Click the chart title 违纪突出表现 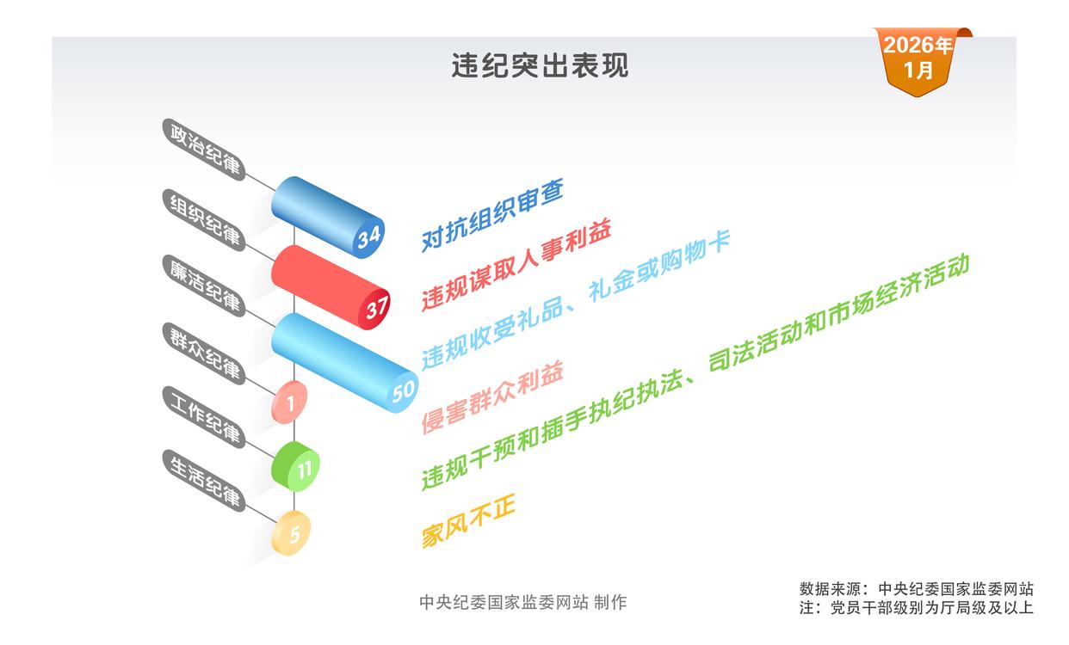point(540,65)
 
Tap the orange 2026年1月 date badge point(920,61)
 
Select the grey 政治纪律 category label point(204,150)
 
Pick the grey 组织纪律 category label point(204,220)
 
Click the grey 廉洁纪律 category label point(204,286)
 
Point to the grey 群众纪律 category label point(204,353)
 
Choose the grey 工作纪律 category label point(204,417)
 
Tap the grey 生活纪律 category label point(204,481)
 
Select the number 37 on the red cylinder point(377,308)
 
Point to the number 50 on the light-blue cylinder point(404,392)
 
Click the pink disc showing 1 point(290,402)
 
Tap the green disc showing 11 point(295,467)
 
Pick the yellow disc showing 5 point(291,533)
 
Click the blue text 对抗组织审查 point(492,215)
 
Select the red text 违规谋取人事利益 point(516,265)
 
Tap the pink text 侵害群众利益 point(492,397)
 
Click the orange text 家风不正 point(468,521)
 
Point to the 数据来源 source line point(917,589)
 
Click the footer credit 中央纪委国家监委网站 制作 point(523,603)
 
